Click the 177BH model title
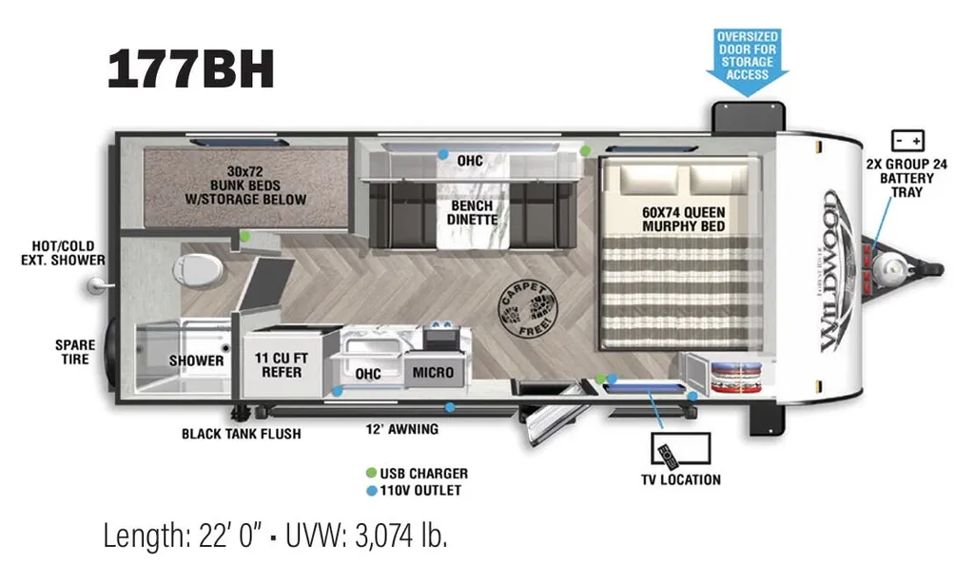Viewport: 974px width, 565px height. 190,68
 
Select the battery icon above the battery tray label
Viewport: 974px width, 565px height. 907,141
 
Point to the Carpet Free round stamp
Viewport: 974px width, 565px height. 528,308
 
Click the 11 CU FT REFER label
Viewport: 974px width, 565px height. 282,365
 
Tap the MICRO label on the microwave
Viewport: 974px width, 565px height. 433,373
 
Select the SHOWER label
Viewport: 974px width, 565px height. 196,360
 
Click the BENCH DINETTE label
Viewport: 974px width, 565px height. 472,212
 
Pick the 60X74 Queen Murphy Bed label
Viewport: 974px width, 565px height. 683,219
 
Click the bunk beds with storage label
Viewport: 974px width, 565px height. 245,185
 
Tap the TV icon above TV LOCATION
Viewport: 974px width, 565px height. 681,449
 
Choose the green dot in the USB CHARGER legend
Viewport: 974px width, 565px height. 372,473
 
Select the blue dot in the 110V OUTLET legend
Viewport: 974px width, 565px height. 372,491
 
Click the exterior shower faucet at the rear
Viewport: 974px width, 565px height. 98,285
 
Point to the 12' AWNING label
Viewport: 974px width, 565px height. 402,429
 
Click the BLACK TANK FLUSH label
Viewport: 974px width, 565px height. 241,434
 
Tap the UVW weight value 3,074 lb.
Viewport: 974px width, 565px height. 400,536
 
